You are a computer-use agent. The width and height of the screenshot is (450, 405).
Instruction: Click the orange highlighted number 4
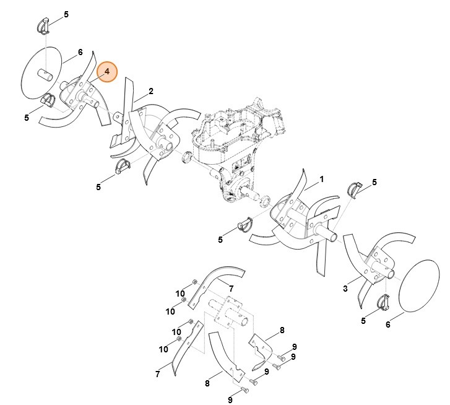[x=107, y=72]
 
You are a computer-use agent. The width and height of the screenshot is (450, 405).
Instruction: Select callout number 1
[x=322, y=180]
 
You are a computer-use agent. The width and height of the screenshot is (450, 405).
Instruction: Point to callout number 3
[x=345, y=289]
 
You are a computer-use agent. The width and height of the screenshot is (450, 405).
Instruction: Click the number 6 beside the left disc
[x=80, y=53]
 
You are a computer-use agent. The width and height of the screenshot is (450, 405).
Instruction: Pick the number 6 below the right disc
[x=388, y=324]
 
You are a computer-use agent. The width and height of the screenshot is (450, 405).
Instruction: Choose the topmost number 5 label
[x=66, y=14]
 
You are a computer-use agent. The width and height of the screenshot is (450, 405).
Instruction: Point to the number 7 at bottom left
[x=158, y=373]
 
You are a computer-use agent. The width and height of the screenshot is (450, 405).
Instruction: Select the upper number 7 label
[x=231, y=289]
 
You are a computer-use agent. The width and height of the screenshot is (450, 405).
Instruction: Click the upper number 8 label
[x=282, y=330]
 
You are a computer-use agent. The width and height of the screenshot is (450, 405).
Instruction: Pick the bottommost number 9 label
[x=230, y=400]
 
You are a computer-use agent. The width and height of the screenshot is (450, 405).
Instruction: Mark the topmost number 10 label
[x=180, y=294]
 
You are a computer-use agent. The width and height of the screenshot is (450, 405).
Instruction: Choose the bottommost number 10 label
[x=163, y=349]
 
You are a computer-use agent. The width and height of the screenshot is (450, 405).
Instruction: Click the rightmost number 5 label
[x=374, y=182]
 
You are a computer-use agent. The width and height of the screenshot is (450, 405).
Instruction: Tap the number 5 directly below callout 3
[x=363, y=320]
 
